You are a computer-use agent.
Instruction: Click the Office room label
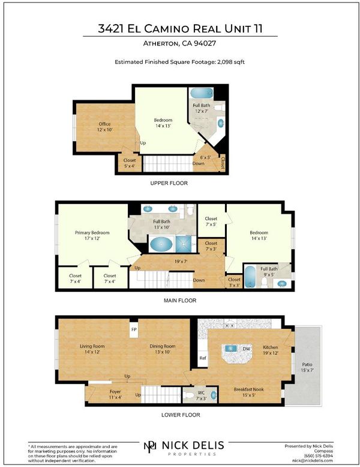click(x=104, y=124)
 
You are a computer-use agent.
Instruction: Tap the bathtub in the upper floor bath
click(x=202, y=93)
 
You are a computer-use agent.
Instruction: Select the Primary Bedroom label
click(x=92, y=233)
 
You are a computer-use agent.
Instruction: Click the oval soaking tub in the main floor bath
click(x=161, y=244)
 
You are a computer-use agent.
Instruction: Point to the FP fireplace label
click(x=134, y=330)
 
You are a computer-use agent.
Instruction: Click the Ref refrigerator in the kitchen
click(x=202, y=358)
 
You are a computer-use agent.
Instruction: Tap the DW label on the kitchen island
click(x=246, y=349)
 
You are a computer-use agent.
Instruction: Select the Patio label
click(x=307, y=364)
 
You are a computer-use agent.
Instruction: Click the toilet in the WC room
click(x=189, y=396)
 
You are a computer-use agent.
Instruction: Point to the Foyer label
click(x=115, y=391)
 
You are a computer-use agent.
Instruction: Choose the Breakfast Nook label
click(x=248, y=389)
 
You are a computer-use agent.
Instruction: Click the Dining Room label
click(x=162, y=346)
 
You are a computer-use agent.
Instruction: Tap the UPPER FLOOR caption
click(x=169, y=183)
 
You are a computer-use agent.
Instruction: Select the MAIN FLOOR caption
click(x=180, y=301)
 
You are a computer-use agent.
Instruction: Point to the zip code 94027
click(x=205, y=43)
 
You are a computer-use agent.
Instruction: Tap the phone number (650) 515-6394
click(x=319, y=456)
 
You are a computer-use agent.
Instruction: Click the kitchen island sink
click(x=230, y=348)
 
